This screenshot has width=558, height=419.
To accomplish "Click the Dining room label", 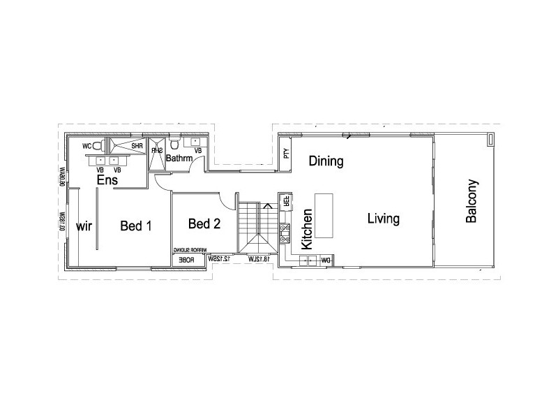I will click(326, 162).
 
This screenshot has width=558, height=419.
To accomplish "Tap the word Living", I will click(384, 219).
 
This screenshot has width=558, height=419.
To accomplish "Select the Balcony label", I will click(472, 201).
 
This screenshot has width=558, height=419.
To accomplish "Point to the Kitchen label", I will click(306, 228).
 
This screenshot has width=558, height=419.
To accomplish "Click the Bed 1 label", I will click(136, 226).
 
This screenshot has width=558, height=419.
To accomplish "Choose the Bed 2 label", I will click(204, 223).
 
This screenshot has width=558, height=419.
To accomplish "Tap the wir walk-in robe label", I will click(84, 226).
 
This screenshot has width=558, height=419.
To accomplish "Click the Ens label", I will click(107, 181).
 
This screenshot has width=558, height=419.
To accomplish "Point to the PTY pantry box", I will click(285, 154).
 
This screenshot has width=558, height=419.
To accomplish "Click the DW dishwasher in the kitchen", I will click(324, 260).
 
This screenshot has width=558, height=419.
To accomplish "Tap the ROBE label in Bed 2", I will click(186, 260).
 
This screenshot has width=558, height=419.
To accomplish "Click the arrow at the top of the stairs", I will click(267, 206).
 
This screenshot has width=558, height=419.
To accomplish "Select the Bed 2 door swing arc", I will click(229, 200).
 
